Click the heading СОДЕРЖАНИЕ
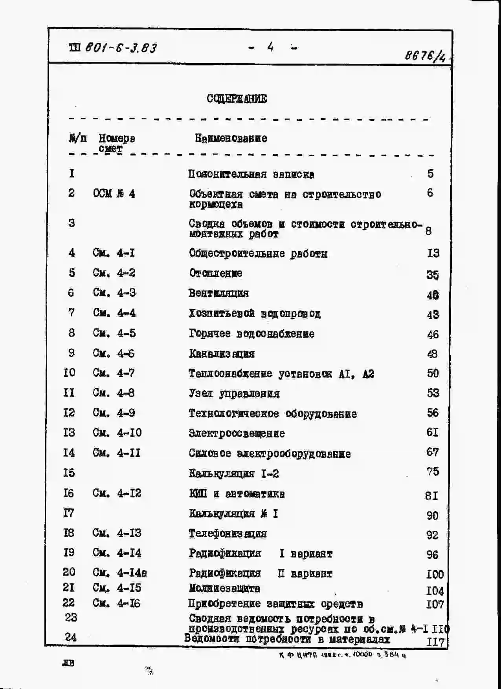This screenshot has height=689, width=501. pyautogui.click(x=237, y=99)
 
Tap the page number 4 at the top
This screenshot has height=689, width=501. pyautogui.click(x=270, y=48)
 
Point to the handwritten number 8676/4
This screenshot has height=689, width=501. pyautogui.click(x=426, y=56)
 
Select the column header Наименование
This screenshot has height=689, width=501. pyautogui.click(x=231, y=138)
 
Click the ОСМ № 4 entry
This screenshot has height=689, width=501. pyautogui.click(x=114, y=194)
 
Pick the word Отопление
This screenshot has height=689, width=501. pyautogui.click(x=215, y=273)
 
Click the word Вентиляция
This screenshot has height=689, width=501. pyautogui.click(x=218, y=293)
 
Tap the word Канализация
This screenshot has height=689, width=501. pyautogui.click(x=221, y=354)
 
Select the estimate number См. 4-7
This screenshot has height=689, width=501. pyautogui.click(x=114, y=373)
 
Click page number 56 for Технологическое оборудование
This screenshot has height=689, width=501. pyautogui.click(x=433, y=413)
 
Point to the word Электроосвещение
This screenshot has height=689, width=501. pyautogui.click(x=237, y=433)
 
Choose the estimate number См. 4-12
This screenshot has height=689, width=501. pyautogui.click(x=117, y=493)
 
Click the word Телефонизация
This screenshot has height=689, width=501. pyautogui.click(x=228, y=534)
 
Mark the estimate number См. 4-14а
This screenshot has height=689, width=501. pyautogui.click(x=120, y=573)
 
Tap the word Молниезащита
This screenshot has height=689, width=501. pyautogui.click(x=224, y=588)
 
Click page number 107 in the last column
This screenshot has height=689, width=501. pyautogui.click(x=435, y=604)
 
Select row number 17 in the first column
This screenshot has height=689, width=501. pyautogui.click(x=68, y=513)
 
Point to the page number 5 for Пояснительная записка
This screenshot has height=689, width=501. pyautogui.click(x=431, y=174)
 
